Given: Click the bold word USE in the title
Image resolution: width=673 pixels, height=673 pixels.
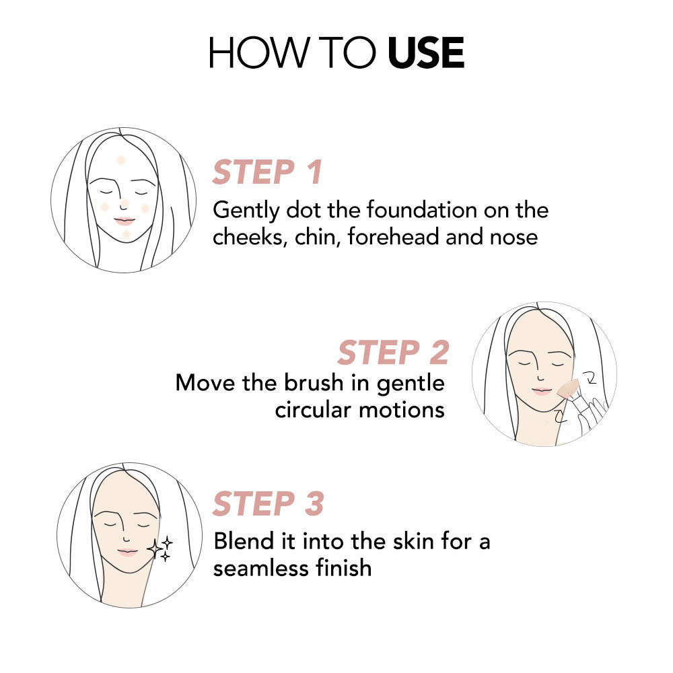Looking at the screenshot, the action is (426, 52).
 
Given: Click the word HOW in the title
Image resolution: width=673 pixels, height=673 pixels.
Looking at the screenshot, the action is (259, 52).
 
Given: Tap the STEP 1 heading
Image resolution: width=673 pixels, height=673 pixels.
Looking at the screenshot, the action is (267, 172).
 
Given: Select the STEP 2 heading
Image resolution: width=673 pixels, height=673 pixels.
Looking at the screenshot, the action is (393, 353).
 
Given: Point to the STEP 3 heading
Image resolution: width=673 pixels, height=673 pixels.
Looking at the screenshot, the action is (268, 503).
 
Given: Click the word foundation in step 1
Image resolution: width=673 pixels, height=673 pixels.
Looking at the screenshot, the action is (421, 210).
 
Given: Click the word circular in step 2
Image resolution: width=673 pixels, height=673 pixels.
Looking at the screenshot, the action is (313, 409).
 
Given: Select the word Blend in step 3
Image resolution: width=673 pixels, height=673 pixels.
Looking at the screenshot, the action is (244, 540).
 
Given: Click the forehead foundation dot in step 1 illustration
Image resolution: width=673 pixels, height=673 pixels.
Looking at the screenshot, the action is (121, 160).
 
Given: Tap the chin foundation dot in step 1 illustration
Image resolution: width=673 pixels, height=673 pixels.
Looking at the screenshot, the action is (127, 234).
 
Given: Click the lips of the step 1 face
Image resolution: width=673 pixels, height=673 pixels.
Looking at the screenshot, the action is (125, 221).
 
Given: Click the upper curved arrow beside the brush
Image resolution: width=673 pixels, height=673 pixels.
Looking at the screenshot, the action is (591, 378).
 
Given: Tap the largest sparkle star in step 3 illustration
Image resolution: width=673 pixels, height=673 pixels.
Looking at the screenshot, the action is (155, 548).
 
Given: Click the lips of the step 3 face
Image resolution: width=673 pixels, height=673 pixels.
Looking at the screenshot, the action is (127, 553).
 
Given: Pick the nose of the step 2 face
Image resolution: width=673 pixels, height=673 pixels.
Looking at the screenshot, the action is (541, 377).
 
